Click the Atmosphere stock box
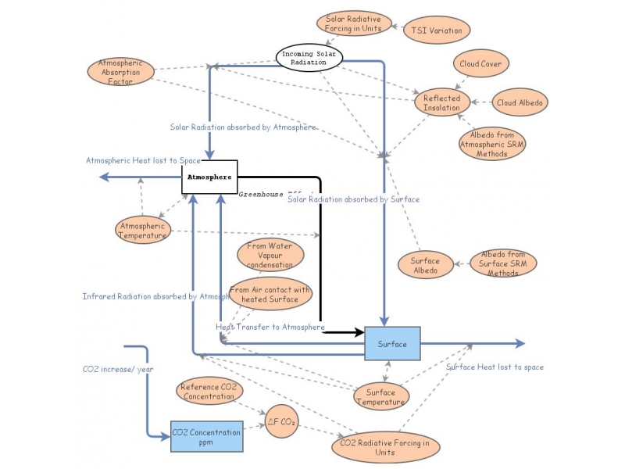pos(209,177)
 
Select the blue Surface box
pos(392,344)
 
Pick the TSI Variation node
pos(436,31)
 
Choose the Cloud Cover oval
pos(481,63)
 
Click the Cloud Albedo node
pos(522,102)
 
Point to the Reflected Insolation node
pos(442,102)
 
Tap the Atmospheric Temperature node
pos(142,230)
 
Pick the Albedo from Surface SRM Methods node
pos(503,263)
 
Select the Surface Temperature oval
pos(381,397)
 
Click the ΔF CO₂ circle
pos(280,423)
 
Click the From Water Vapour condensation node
pos(270,256)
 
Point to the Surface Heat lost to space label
pos(495,367)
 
